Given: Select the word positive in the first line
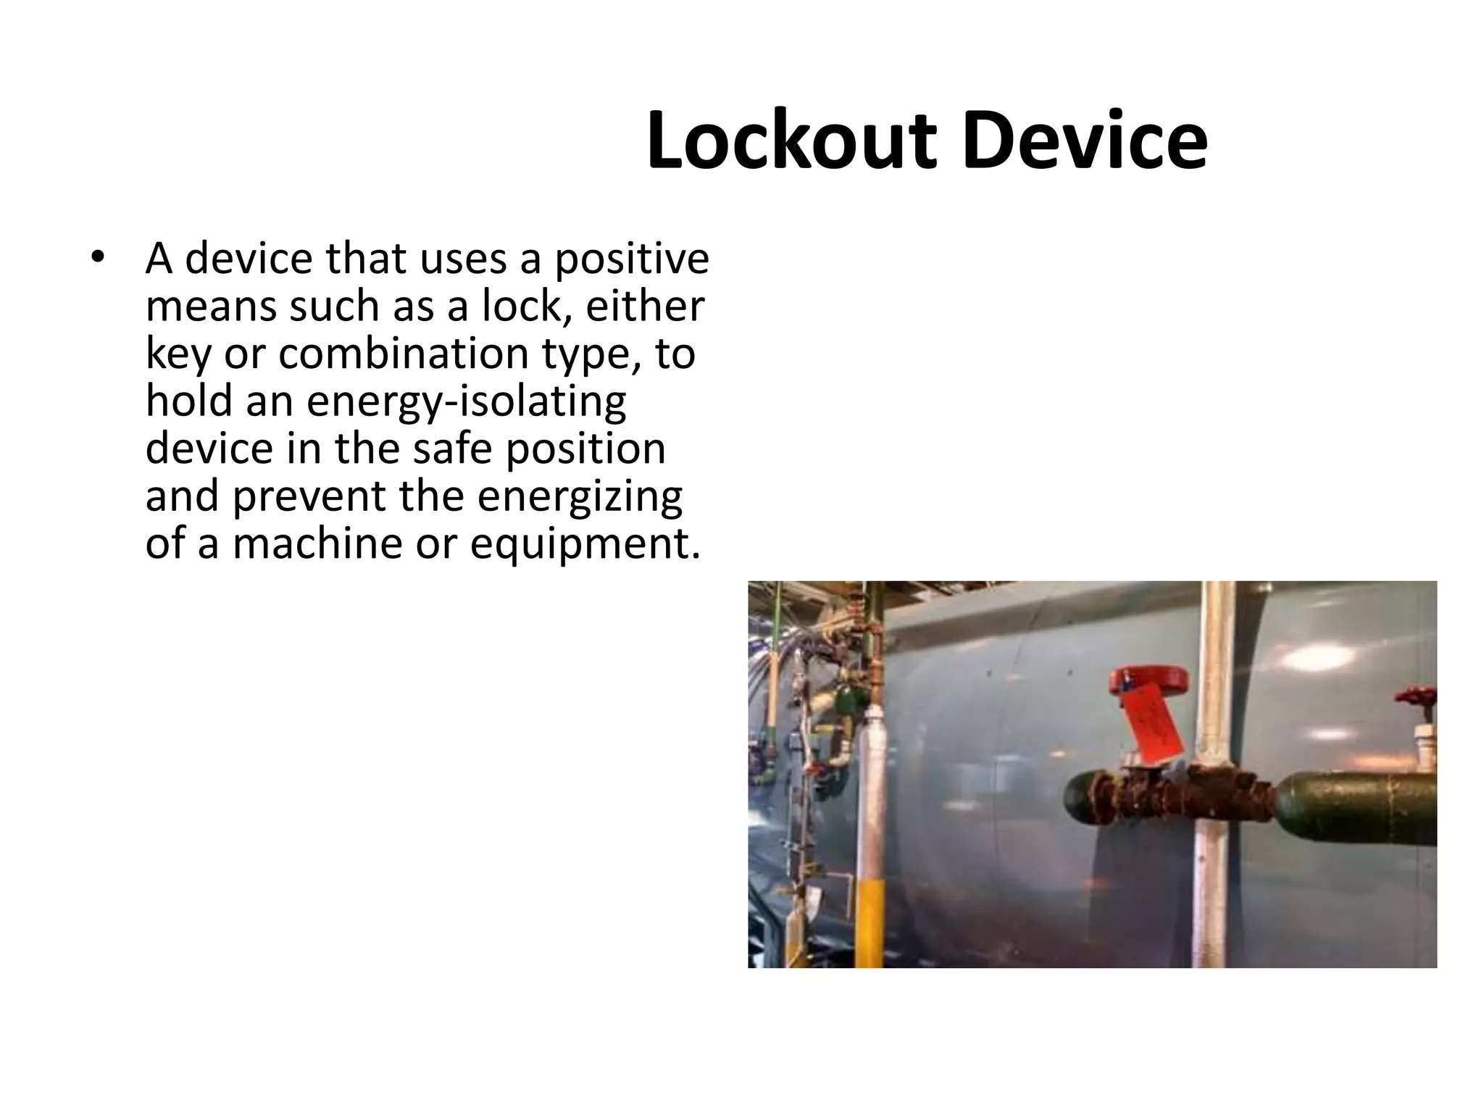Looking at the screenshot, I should tap(631, 258).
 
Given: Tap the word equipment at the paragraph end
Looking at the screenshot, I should tap(585, 543).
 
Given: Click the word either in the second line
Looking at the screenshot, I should tap(644, 306).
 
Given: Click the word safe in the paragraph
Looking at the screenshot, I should tap(453, 449).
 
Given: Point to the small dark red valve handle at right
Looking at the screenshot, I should tap(1417, 701).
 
